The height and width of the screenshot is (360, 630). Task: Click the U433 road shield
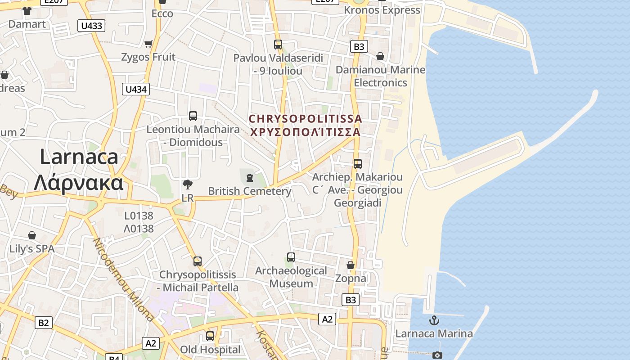click(91, 26)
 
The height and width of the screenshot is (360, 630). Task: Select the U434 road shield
click(136, 89)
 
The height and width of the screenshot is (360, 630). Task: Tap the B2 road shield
click(44, 323)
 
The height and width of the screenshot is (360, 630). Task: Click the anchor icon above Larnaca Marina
click(434, 320)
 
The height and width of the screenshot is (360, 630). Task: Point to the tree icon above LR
click(188, 184)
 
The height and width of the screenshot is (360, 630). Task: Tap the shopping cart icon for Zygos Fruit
click(148, 44)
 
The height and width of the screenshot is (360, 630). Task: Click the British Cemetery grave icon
click(250, 177)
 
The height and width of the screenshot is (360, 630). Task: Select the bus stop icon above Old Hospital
click(210, 336)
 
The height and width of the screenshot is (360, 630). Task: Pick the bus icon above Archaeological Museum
click(291, 257)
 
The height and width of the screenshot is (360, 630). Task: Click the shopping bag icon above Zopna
click(351, 265)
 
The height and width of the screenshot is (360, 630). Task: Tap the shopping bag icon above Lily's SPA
click(32, 235)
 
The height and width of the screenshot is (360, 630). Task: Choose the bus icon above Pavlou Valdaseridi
click(278, 45)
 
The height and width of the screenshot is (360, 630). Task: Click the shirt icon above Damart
click(27, 11)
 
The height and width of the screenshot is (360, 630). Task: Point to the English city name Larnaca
click(79, 157)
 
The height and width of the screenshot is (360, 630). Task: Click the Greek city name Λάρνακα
click(79, 183)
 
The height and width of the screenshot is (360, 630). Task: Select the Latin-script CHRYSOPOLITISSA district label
click(305, 119)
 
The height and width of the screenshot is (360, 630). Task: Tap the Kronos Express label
click(382, 10)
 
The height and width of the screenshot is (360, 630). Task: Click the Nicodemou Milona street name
click(123, 279)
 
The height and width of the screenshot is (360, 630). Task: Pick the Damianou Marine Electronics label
click(380, 76)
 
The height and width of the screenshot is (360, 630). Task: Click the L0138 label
click(139, 216)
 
